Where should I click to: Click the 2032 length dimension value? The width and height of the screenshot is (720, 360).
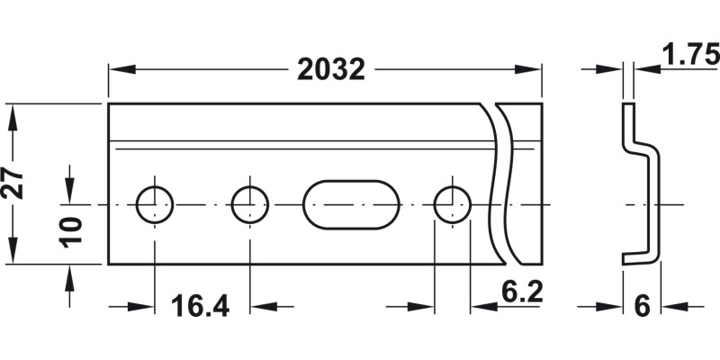(330, 69)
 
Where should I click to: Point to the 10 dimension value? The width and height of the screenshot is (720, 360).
(73, 230)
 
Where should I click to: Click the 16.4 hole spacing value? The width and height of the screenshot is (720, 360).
(200, 306)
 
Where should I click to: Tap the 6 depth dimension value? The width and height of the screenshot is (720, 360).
(642, 307)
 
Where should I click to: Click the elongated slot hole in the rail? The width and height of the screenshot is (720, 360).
(351, 204)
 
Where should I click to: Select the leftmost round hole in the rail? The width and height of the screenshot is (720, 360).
(155, 204)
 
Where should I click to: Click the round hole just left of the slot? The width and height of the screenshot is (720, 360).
(250, 204)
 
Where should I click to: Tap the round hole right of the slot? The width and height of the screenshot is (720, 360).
(452, 204)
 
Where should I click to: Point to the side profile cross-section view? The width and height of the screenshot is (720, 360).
(640, 184)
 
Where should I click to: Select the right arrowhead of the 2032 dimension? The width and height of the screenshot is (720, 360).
(532, 68)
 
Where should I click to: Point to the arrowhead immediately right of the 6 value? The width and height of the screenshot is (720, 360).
(670, 307)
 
